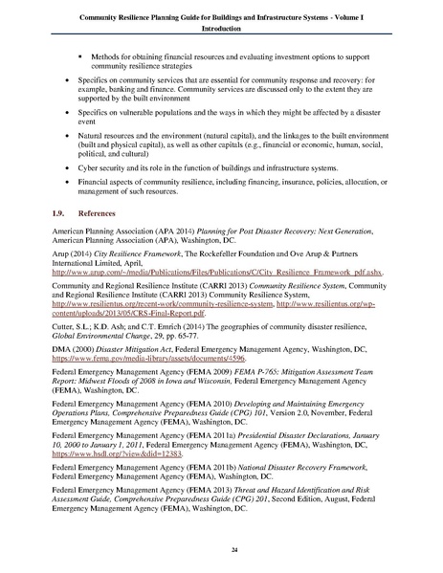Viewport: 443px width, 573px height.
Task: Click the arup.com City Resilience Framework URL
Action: [x=219, y=272]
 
